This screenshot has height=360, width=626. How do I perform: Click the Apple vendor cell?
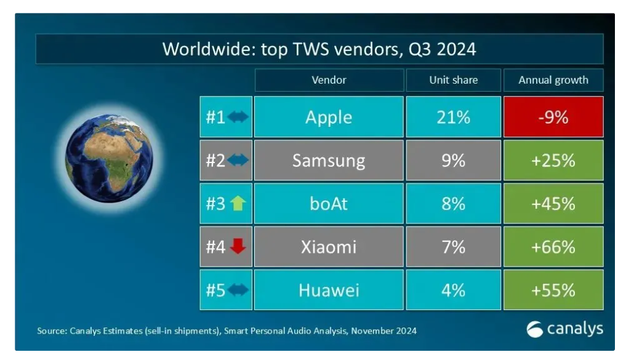pyautogui.click(x=329, y=117)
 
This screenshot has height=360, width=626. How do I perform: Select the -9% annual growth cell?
pyautogui.click(x=553, y=117)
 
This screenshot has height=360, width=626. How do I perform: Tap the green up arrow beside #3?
pyautogui.click(x=238, y=204)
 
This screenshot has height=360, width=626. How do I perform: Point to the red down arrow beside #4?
pyautogui.click(x=238, y=247)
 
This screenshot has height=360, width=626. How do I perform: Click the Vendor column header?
pyautogui.click(x=329, y=80)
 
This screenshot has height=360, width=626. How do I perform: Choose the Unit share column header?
pyautogui.click(x=453, y=80)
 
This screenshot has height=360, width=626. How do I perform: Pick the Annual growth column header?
pyautogui.click(x=553, y=80)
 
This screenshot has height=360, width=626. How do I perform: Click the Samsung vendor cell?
pyautogui.click(x=329, y=161)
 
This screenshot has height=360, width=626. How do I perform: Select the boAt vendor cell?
pyautogui.click(x=329, y=204)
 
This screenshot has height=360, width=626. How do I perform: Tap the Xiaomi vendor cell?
pyautogui.click(x=329, y=247)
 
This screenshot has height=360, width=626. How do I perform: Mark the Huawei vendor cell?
pyautogui.click(x=329, y=290)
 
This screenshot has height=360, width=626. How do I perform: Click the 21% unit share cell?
pyautogui.click(x=453, y=117)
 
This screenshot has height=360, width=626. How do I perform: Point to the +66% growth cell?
pyautogui.click(x=553, y=247)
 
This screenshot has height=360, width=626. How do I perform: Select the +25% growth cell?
pyautogui.click(x=553, y=161)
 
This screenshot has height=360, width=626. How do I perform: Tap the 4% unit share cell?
pyautogui.click(x=453, y=290)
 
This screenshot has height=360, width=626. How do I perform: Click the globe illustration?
pyautogui.click(x=109, y=158)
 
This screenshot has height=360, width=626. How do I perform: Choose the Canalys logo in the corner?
pyautogui.click(x=564, y=329)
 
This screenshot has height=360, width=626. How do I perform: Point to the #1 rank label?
pyautogui.click(x=215, y=117)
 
